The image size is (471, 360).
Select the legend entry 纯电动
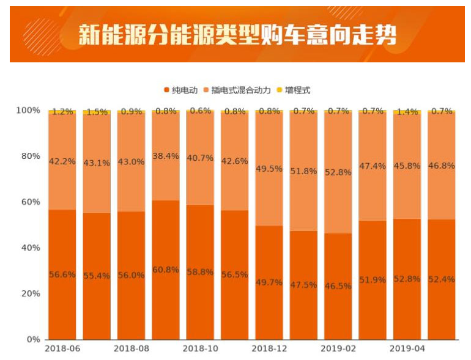[x=181, y=90]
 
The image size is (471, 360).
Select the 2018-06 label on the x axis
[x=62, y=350]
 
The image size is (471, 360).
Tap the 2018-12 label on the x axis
[x=269, y=350]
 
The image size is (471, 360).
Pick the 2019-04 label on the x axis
[x=407, y=350]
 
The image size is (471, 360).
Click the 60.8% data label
[x=166, y=270]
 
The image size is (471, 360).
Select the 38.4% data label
[x=166, y=156]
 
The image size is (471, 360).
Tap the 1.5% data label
[x=97, y=112]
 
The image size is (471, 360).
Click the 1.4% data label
[x=407, y=112]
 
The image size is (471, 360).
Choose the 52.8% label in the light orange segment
[x=338, y=172]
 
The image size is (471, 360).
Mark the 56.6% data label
[x=62, y=274]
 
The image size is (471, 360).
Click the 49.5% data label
[x=269, y=169]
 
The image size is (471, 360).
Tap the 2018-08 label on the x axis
[x=131, y=350]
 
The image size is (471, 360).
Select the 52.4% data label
[x=442, y=279]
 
